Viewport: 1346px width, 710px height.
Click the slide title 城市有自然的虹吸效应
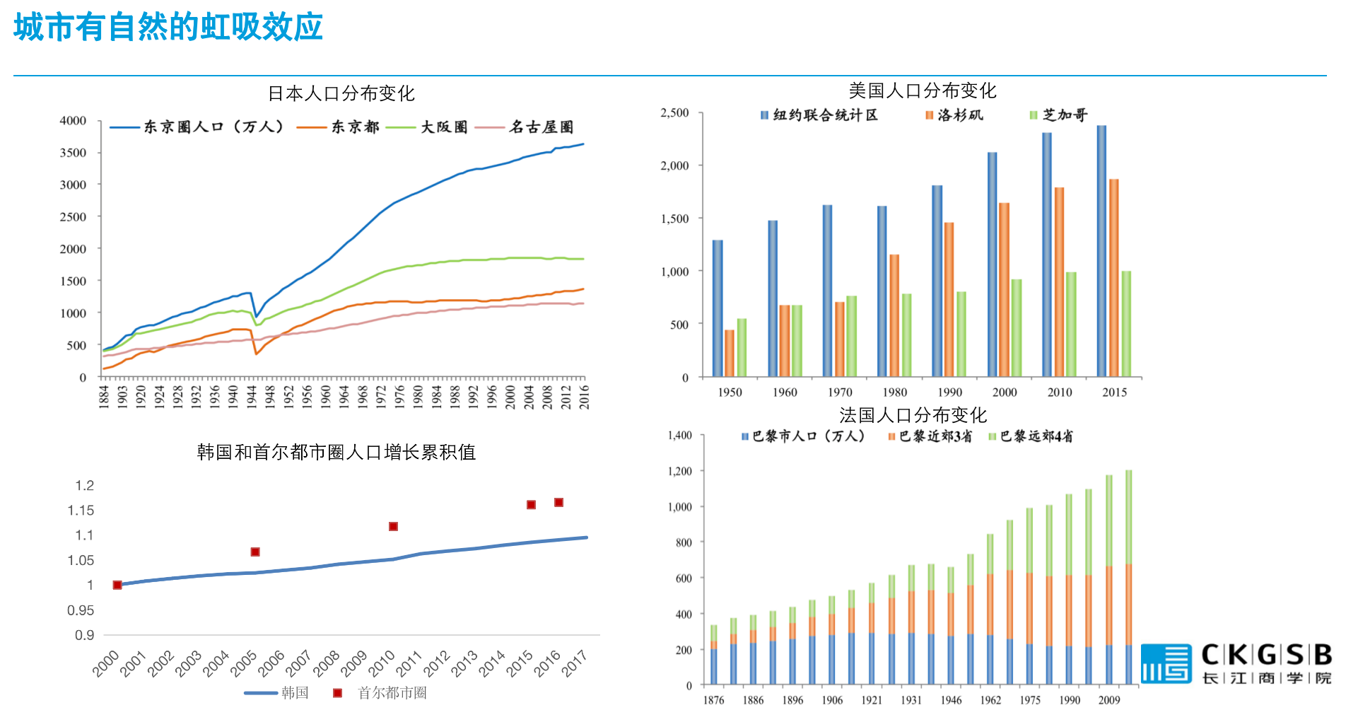pos(168,28)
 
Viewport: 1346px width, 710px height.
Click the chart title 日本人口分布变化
pos(341,93)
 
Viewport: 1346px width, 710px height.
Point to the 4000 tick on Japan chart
pos(74,121)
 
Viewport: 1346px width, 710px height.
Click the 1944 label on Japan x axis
pos(251,397)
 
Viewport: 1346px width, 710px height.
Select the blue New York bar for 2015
pos(1101,251)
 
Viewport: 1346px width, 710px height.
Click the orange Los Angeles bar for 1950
pos(730,353)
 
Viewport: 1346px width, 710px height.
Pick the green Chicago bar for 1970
pos(851,336)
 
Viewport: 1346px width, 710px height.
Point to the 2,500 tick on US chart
pos(674,113)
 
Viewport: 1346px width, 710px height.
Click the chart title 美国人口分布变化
pos(922,91)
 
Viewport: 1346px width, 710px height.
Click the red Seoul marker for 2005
pos(255,552)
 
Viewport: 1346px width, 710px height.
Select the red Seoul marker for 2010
pos(393,526)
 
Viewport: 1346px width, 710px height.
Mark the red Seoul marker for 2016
pos(558,502)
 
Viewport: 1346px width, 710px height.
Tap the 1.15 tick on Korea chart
pos(81,511)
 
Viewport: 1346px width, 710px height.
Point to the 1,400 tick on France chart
pos(680,436)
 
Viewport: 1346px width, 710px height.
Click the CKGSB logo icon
pos(1166,663)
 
